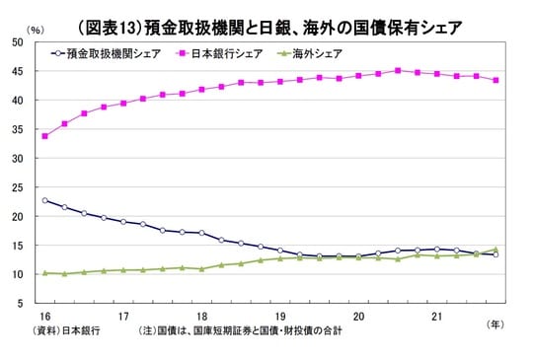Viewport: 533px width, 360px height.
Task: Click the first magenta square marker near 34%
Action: [44, 136]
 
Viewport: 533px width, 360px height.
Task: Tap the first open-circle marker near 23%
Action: [44, 200]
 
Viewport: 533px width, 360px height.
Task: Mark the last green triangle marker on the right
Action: [495, 250]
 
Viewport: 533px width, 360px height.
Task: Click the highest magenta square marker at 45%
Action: [398, 70]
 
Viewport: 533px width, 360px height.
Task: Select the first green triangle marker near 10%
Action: [44, 273]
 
